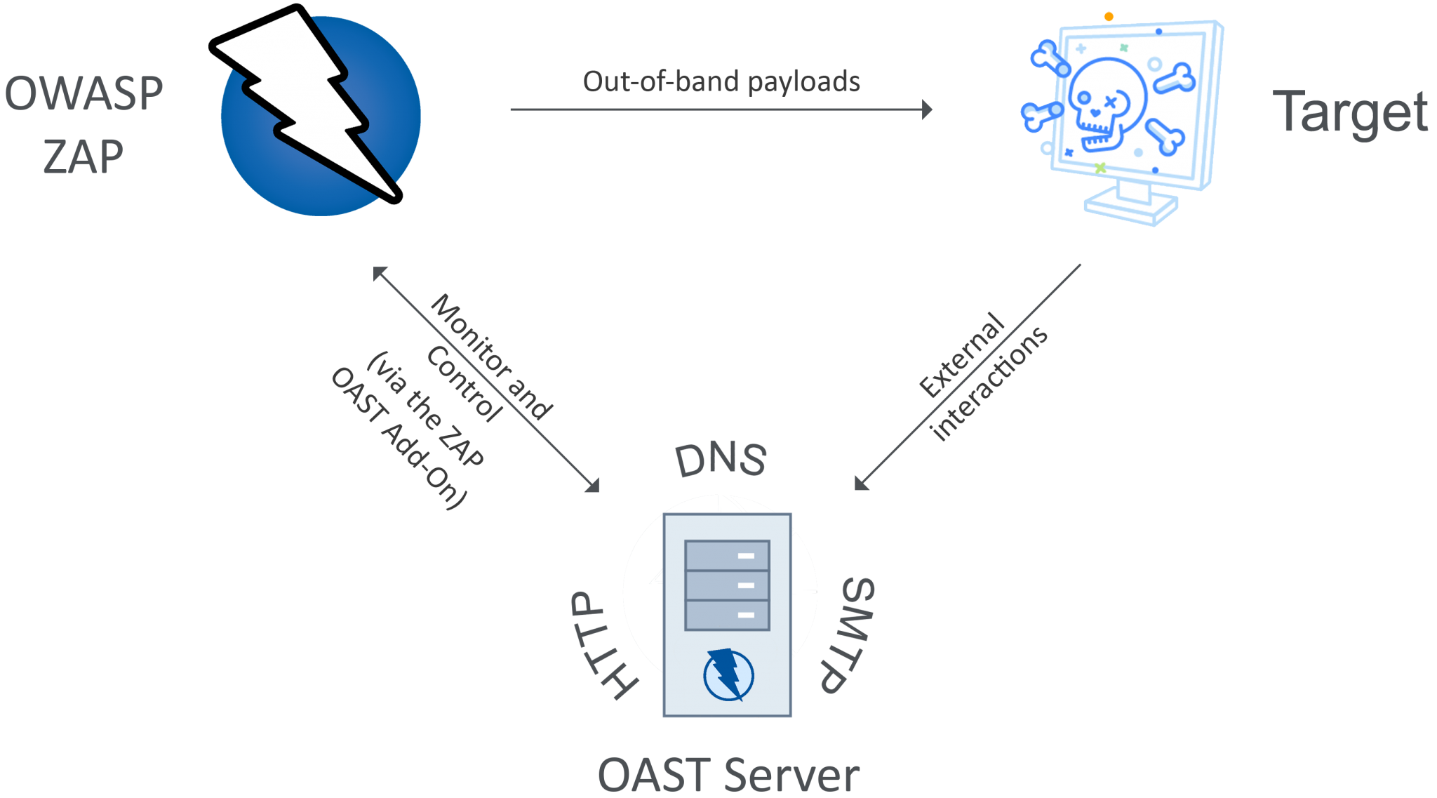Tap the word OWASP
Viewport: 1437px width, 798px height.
pos(83,93)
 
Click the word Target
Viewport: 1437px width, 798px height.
pos(1350,112)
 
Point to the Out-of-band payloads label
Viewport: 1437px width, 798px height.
pos(721,81)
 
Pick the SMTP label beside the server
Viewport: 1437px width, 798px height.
pos(846,635)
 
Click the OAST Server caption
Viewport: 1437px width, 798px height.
pos(728,775)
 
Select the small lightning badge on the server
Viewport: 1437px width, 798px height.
pos(728,674)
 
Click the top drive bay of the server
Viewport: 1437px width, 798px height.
pos(727,555)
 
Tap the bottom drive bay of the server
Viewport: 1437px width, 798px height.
pos(727,615)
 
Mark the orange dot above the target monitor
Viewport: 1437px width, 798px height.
pos(1109,16)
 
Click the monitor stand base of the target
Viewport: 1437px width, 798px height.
pos(1130,206)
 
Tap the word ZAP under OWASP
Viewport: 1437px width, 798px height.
pos(83,156)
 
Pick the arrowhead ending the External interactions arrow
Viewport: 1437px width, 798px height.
pos(861,484)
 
